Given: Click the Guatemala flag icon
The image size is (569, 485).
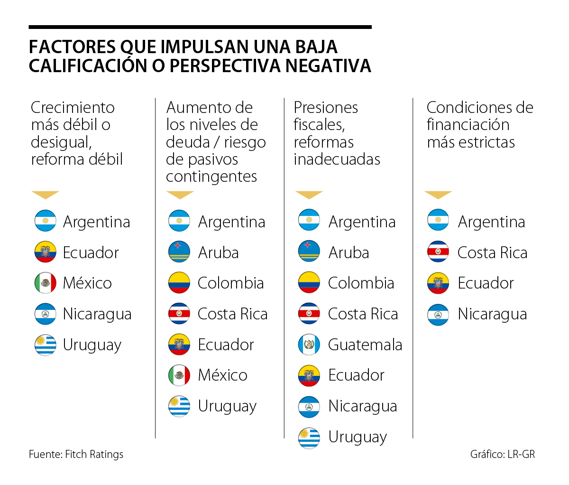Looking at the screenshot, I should [x=309, y=345].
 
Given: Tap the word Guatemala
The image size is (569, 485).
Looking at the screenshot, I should [x=365, y=345].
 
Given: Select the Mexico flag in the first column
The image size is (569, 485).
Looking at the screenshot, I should [x=46, y=283].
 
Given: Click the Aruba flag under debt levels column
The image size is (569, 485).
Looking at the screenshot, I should [x=179, y=252].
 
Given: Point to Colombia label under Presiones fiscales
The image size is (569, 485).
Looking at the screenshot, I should [x=361, y=283].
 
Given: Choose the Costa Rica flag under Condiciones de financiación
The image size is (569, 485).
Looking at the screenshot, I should [x=438, y=252].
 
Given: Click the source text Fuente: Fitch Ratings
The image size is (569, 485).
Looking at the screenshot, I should [x=76, y=454].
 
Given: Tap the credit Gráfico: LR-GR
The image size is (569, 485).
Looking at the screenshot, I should [x=502, y=454].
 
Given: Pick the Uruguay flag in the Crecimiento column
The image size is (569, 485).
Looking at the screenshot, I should [x=46, y=345].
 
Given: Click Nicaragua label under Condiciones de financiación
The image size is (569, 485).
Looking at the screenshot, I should [x=492, y=314].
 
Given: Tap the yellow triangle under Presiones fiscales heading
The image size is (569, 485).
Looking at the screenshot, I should [x=309, y=195].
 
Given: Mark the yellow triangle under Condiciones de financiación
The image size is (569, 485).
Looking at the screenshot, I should [x=438, y=195].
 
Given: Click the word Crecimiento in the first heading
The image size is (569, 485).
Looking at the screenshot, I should [x=73, y=108].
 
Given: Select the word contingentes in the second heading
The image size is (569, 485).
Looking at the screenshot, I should [x=211, y=177].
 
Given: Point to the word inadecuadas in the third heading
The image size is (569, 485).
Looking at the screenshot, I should [x=337, y=159].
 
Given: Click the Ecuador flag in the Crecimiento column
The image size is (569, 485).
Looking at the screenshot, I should [x=46, y=252].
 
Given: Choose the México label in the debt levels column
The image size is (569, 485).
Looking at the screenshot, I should [x=222, y=375].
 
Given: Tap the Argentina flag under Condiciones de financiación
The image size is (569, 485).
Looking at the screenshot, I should [x=438, y=221].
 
